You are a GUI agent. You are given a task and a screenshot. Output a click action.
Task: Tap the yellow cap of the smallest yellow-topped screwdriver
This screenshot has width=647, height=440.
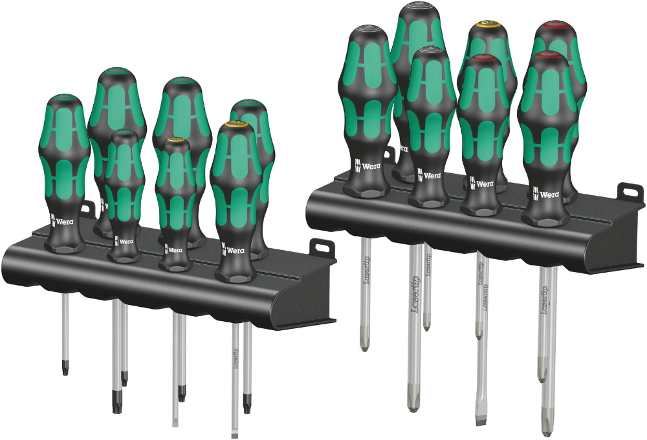click(x=175, y=140)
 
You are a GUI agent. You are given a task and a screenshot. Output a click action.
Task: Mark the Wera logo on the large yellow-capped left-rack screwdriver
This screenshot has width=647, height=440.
click(x=235, y=249)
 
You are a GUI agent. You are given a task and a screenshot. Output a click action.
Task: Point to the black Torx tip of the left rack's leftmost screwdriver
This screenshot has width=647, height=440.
click(x=65, y=368)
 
